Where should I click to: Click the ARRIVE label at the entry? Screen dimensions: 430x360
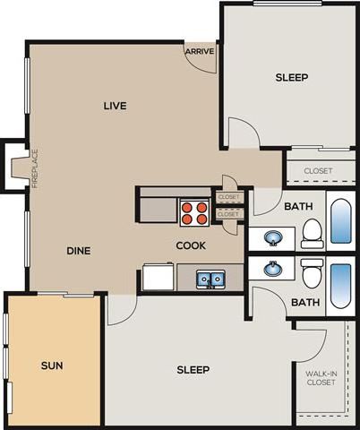[x=199, y=52]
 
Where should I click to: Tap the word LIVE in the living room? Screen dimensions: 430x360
[x=115, y=106]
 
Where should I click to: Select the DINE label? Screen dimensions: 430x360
[x=79, y=251]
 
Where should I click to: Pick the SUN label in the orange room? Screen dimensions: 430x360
[x=51, y=365]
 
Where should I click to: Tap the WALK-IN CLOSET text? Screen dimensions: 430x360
[x=321, y=377]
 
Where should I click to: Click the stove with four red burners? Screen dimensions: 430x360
[x=194, y=211]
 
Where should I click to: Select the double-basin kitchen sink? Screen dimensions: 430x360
[x=211, y=279]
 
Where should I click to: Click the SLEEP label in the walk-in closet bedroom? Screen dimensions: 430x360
[x=193, y=370]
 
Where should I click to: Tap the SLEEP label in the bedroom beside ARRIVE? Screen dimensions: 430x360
[x=291, y=78]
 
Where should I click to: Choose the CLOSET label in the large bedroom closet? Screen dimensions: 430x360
[x=317, y=170]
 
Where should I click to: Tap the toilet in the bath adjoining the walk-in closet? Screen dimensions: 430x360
[x=312, y=272]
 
